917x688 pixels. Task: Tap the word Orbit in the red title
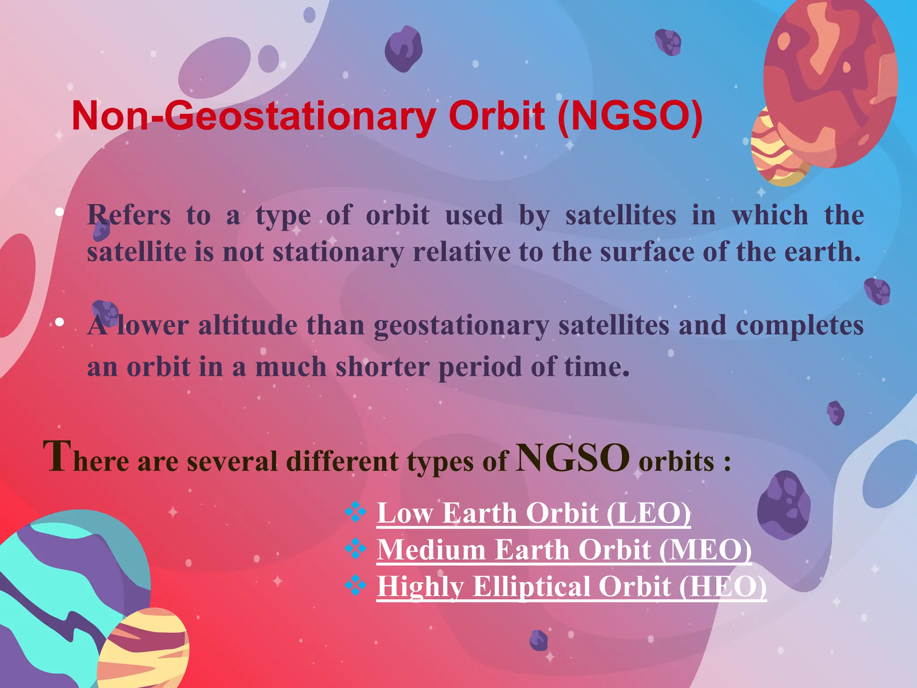click(x=497, y=116)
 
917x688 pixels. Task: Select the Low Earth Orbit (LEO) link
click(x=533, y=513)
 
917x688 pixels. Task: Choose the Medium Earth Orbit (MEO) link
click(x=564, y=550)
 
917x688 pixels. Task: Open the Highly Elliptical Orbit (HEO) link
click(x=571, y=586)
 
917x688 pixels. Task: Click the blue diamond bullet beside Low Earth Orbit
click(x=356, y=512)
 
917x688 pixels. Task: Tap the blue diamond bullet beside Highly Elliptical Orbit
click(x=356, y=585)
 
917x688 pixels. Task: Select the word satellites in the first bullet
click(x=621, y=215)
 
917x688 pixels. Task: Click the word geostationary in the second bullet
click(x=461, y=326)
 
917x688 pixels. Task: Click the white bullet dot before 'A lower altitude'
click(x=60, y=322)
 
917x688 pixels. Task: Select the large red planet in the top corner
click(x=831, y=81)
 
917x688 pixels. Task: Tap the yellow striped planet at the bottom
click(x=146, y=649)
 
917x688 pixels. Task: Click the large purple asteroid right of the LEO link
click(x=784, y=505)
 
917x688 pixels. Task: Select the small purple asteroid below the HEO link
click(x=539, y=640)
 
